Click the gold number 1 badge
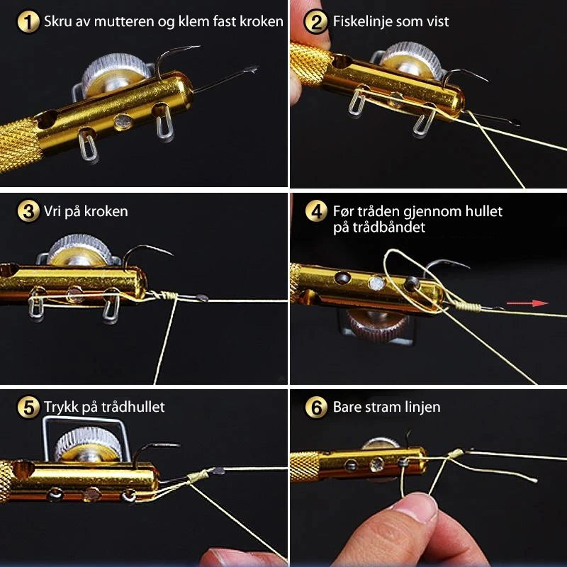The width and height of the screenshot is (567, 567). tap(28, 22)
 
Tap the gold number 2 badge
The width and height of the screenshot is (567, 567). tap(315, 22)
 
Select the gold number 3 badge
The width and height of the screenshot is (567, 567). tap(28, 211)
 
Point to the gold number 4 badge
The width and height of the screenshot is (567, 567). tap(315, 211)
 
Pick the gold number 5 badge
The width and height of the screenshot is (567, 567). tap(28, 407)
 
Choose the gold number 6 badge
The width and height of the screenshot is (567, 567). tap(315, 407)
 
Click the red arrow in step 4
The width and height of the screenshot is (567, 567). tap(527, 303)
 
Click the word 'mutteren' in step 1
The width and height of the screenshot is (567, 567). tap(124, 22)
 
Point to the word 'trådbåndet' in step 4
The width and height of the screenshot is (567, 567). tap(379, 228)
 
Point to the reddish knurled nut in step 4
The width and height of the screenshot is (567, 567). tap(377, 324)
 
